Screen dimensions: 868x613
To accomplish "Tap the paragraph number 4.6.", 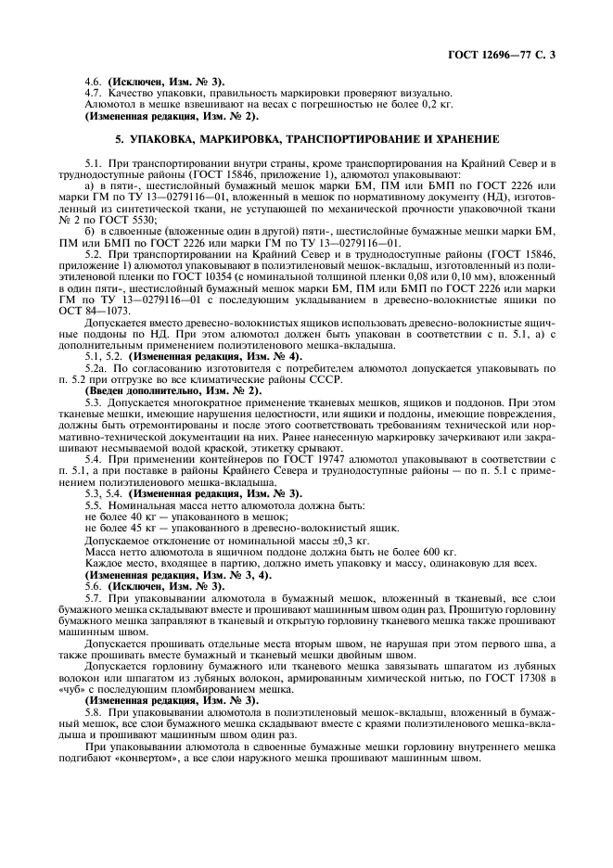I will click(x=94, y=82).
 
